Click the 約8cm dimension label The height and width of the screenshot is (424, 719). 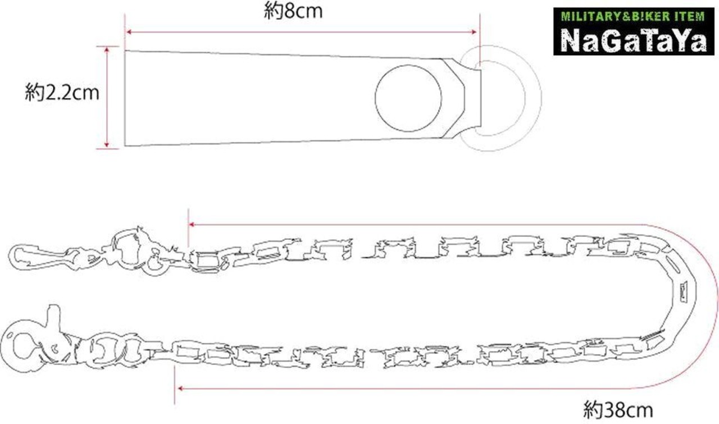point(293,12)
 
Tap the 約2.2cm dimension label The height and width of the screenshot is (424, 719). point(62,93)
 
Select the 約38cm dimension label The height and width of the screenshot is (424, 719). point(618,410)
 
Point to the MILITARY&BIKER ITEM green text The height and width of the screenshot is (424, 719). point(633,16)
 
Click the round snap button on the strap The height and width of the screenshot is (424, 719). point(408,98)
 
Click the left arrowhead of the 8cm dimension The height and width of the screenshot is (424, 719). point(129,32)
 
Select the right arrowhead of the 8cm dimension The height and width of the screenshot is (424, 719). point(473,32)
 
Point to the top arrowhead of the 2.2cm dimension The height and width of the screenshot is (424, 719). point(107,49)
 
